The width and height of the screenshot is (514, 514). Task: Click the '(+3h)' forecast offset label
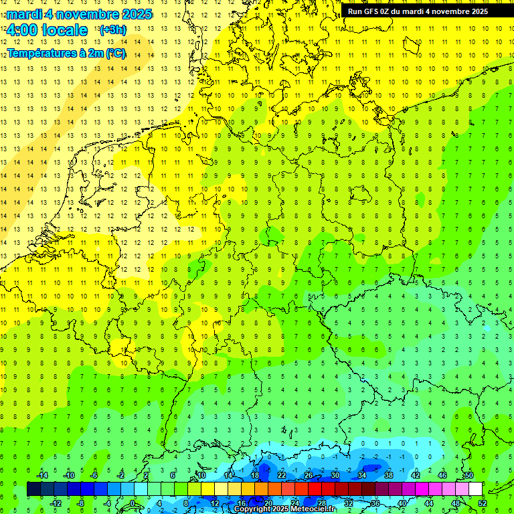[x=112, y=30]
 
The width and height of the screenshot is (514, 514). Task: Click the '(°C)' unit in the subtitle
[x=115, y=53]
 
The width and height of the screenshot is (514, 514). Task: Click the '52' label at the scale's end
[x=482, y=503]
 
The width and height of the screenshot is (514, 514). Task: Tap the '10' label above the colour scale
[x=201, y=475]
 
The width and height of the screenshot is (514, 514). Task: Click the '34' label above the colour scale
[x=362, y=475]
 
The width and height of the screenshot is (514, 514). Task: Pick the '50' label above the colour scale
[x=468, y=475]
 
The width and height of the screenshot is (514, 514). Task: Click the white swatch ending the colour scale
[x=475, y=489]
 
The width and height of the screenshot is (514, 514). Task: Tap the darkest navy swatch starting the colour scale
[x=33, y=489]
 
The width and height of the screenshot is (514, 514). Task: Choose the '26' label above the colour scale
[x=309, y=475]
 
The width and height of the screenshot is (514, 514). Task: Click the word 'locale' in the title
[x=64, y=30]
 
